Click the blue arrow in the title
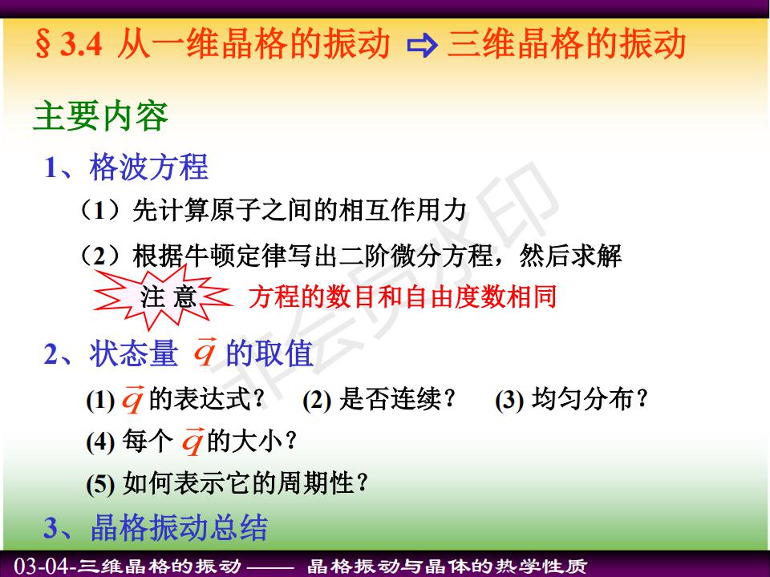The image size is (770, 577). tap(422, 46)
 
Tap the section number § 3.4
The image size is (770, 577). tap(69, 44)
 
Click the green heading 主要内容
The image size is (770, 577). tap(101, 115)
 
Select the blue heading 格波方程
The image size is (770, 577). tap(149, 167)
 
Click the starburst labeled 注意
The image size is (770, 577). tap(162, 297)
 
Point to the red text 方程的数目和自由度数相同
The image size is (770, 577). tap(402, 297)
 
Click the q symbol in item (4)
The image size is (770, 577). tap(192, 440)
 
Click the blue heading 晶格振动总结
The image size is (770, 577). tap(179, 527)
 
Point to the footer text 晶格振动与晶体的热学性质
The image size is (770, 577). tap(447, 566)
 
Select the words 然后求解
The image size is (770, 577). tap(570, 255)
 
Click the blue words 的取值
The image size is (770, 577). tap(269, 353)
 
